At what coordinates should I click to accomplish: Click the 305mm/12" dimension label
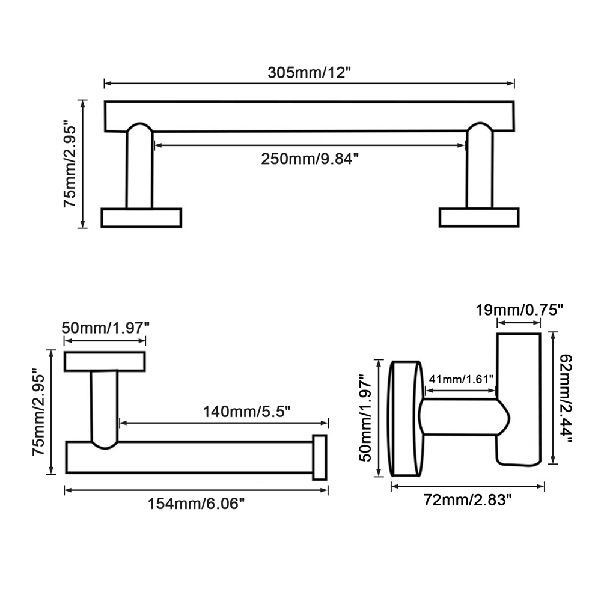tap(309, 72)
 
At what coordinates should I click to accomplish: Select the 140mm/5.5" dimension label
tap(246, 412)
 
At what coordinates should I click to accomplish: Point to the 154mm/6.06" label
tap(197, 504)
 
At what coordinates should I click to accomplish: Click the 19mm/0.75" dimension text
tap(519, 310)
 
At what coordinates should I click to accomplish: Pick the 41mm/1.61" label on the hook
tap(461, 379)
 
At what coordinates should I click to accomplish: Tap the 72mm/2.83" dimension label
tap(468, 500)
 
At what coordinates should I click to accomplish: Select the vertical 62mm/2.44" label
tap(566, 398)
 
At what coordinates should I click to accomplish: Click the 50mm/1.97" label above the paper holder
tap(105, 328)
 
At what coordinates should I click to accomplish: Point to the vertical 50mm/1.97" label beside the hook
tap(365, 418)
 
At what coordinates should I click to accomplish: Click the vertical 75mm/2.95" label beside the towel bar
tap(70, 164)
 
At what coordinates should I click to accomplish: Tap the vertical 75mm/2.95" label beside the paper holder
tap(38, 412)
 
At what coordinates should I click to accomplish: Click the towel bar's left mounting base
tap(141, 218)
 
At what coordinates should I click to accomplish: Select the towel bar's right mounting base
tap(479, 218)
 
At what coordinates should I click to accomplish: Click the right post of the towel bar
tap(480, 166)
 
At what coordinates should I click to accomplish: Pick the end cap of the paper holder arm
tap(320, 457)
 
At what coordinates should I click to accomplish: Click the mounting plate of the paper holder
tap(105, 361)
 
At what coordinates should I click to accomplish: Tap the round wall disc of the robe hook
tap(406, 418)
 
